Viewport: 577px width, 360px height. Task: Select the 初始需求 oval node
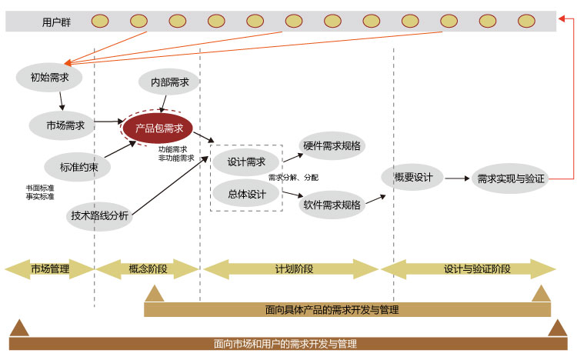(49, 77)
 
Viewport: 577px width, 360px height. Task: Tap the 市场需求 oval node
(65, 124)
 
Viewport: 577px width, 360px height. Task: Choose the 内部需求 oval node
(170, 82)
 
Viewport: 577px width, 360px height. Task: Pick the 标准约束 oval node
(78, 166)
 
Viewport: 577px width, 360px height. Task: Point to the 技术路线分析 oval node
(100, 216)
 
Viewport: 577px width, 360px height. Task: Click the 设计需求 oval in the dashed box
(246, 162)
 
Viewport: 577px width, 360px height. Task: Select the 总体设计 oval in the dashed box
(246, 194)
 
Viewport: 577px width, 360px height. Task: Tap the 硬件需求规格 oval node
(332, 145)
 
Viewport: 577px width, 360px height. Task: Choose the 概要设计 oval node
(413, 178)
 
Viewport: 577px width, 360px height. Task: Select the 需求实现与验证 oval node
(510, 178)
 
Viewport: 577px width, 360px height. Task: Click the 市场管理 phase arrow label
(49, 268)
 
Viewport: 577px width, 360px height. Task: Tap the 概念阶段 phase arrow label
(148, 268)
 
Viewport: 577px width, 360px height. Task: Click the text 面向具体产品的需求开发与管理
(331, 309)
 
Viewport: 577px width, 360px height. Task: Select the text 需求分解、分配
(293, 178)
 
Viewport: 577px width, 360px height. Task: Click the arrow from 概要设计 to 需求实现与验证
(456, 178)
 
